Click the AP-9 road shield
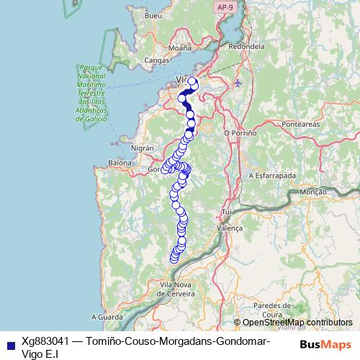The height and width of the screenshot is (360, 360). (224, 6)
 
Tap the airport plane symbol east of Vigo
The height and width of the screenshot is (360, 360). (238, 84)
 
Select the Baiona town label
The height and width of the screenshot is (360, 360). (120, 163)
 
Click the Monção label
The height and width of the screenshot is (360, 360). (312, 193)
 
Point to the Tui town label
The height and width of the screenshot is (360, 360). (229, 212)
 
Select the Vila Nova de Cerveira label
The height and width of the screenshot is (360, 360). (177, 289)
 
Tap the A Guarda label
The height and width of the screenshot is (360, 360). (108, 317)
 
